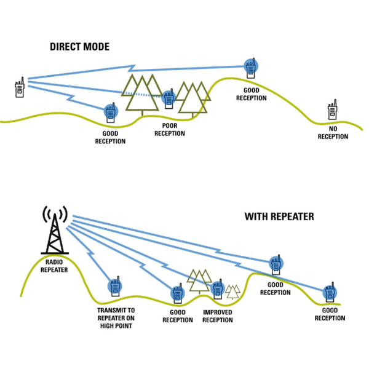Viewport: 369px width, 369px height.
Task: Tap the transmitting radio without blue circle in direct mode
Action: [x=20, y=88]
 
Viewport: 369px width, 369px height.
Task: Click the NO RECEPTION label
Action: [x=333, y=132]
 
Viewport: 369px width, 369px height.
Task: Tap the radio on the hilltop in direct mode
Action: [x=250, y=67]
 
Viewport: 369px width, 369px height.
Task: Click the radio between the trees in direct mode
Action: [x=169, y=98]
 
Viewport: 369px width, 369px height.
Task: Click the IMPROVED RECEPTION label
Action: [x=218, y=316]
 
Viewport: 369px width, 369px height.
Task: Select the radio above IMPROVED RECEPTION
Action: [x=217, y=288]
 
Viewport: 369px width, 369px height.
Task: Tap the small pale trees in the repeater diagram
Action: [x=232, y=291]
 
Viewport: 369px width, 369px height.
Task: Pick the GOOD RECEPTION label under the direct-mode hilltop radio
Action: [x=251, y=93]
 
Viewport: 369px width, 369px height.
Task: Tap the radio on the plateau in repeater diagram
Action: [x=276, y=264]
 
